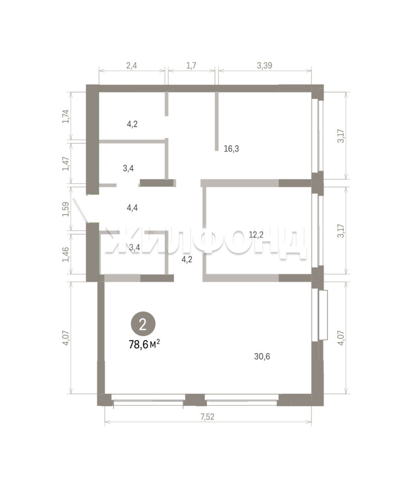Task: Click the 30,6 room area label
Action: (x=262, y=356)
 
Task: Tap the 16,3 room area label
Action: (x=231, y=149)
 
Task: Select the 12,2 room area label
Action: (x=256, y=235)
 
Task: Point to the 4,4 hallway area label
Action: (x=132, y=207)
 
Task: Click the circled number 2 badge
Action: (x=143, y=325)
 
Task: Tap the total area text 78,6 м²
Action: (x=144, y=344)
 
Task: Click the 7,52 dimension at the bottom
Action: (x=207, y=417)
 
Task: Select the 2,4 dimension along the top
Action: (x=132, y=65)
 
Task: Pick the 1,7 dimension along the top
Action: (x=191, y=65)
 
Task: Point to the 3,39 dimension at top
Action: (x=265, y=65)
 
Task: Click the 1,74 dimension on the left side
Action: (x=66, y=116)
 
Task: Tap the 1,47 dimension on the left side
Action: (x=66, y=163)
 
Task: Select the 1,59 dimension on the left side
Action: (x=66, y=210)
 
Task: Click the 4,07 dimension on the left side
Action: (x=66, y=337)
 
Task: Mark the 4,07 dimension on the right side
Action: (x=341, y=338)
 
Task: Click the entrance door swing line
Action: (x=80, y=210)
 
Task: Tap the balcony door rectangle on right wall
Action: (x=323, y=315)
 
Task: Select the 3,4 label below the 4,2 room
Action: (x=128, y=168)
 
